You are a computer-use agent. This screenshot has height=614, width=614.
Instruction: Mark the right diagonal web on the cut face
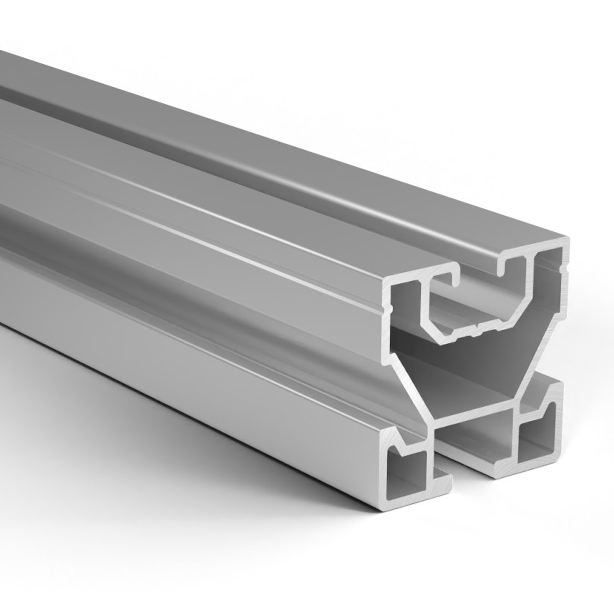540,365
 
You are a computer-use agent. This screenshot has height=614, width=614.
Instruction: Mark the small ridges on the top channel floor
477,334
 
